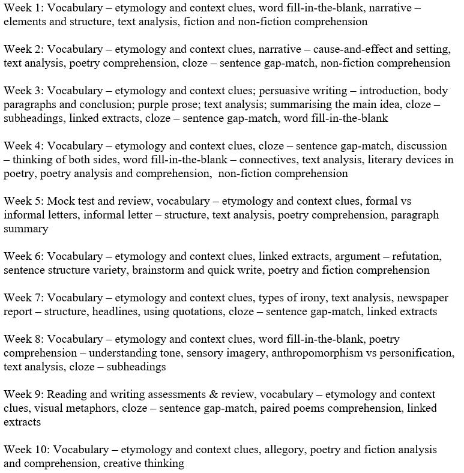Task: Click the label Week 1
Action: [x=22, y=8]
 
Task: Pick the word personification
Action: [x=418, y=353]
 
